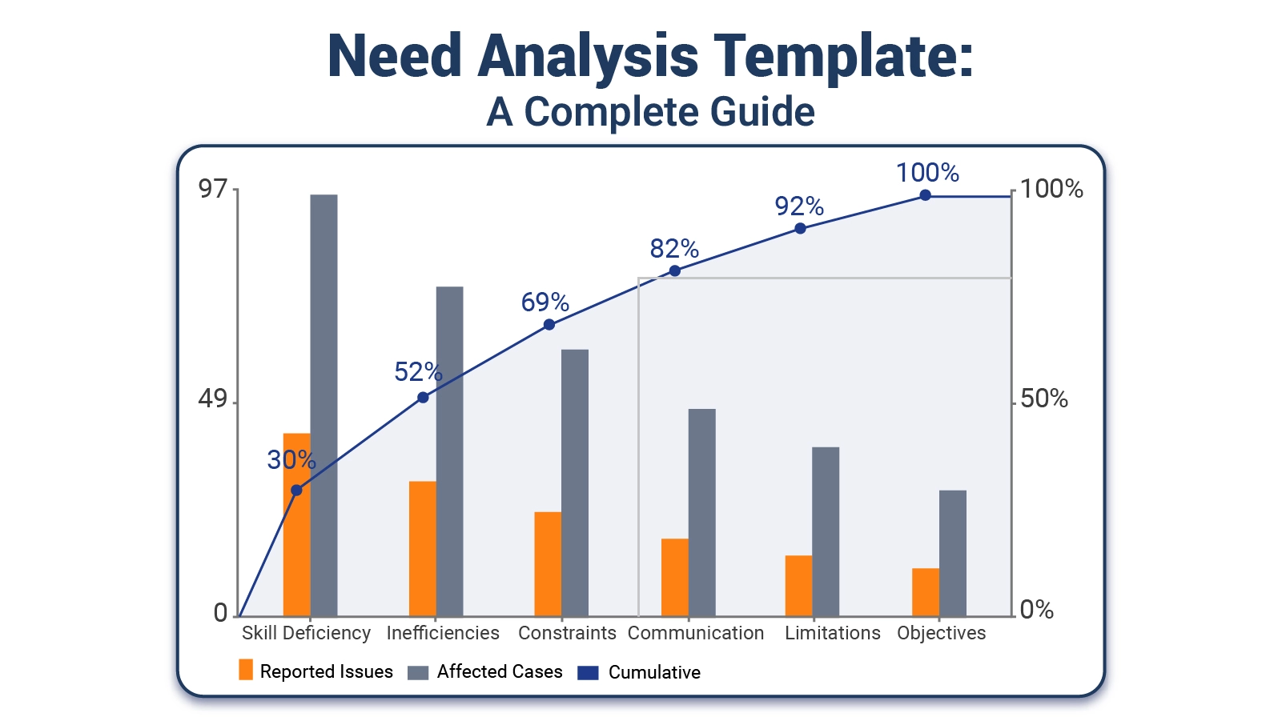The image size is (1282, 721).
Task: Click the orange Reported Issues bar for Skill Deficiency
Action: (x=296, y=525)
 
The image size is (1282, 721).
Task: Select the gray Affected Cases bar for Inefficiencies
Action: (x=449, y=451)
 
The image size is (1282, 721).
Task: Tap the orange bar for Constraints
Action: (x=548, y=564)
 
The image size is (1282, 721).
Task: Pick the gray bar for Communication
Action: (x=701, y=513)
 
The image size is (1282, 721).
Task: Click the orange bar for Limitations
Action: (x=798, y=586)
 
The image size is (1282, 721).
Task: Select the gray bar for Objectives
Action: (x=952, y=554)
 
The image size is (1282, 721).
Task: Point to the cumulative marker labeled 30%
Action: (x=296, y=490)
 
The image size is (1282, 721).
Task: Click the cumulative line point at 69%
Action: (x=549, y=325)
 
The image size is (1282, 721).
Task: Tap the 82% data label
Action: (x=674, y=249)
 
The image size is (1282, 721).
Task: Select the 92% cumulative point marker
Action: (x=800, y=229)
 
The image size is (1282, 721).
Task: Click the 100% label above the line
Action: (x=927, y=173)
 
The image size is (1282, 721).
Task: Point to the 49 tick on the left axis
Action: (x=213, y=399)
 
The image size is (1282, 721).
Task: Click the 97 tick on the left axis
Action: (x=213, y=189)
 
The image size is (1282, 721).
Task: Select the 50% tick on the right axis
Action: (x=1044, y=399)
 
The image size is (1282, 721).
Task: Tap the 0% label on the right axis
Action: (x=1036, y=610)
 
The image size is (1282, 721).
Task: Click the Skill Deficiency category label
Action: (x=306, y=634)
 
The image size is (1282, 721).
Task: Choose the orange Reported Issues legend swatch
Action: (x=246, y=670)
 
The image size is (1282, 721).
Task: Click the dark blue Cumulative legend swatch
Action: (x=588, y=672)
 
